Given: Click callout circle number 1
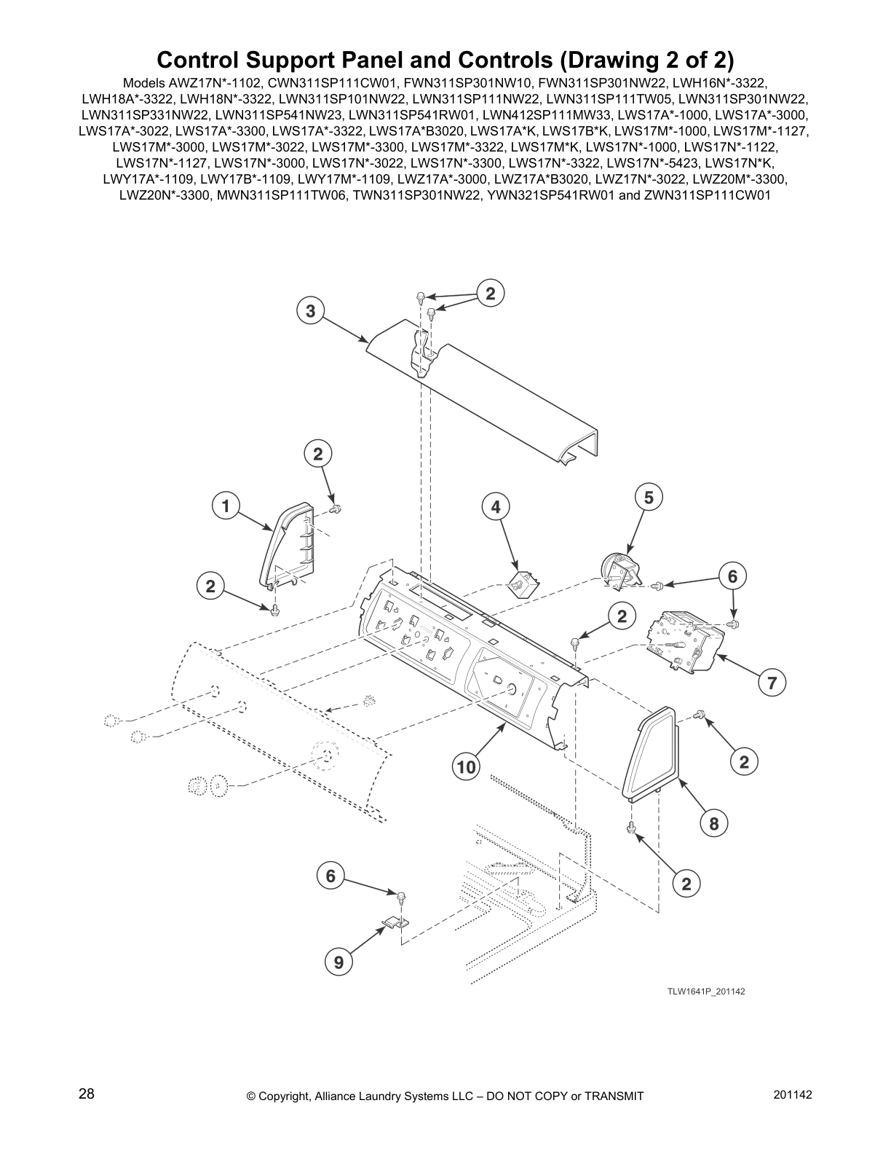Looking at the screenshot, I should (x=226, y=506).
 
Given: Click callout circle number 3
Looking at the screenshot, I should (x=310, y=311).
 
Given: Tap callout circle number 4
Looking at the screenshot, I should (x=496, y=506).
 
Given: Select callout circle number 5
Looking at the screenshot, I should (x=649, y=498).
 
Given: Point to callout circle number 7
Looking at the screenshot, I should (x=772, y=683).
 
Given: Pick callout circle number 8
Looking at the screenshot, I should (x=714, y=823).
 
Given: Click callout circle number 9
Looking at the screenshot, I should (x=338, y=962).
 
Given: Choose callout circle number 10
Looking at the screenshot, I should (x=466, y=766).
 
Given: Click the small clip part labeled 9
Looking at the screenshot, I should (x=393, y=924).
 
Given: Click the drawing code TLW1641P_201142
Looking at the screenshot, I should (x=705, y=992).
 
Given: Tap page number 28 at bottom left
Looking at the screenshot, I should (x=87, y=1094).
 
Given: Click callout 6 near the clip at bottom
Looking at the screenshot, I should (x=330, y=876).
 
